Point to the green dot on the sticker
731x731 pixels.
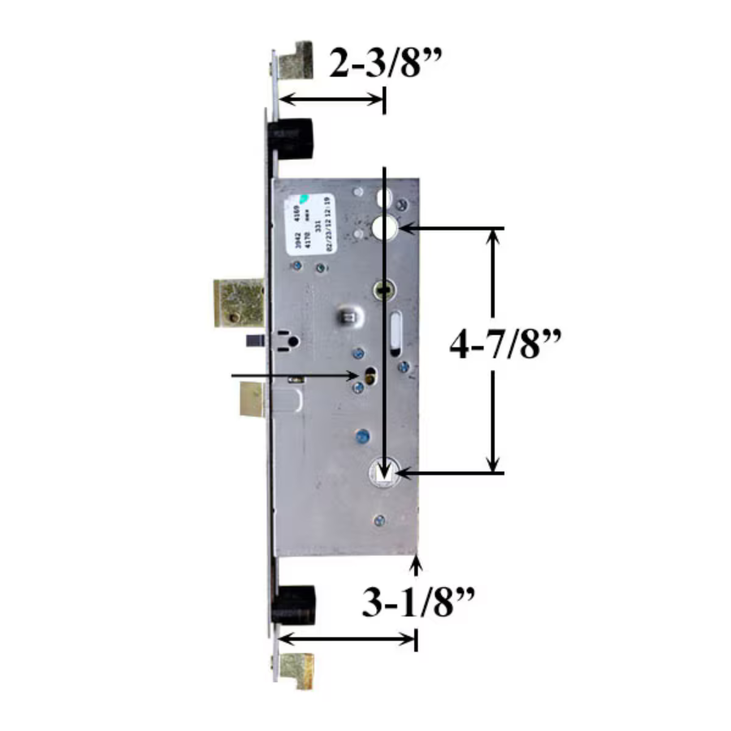click(301, 197)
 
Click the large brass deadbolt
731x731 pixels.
click(238, 302)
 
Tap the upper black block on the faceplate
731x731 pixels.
click(294, 139)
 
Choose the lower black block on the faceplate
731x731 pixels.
click(294, 604)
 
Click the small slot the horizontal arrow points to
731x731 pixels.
click(370, 375)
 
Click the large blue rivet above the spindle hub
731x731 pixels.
click(361, 438)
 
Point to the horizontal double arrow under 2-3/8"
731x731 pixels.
click(331, 99)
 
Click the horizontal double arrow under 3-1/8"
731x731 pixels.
click(348, 639)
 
